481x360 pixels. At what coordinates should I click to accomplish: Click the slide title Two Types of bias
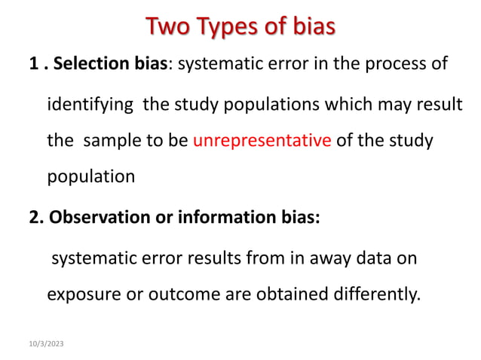(x=240, y=28)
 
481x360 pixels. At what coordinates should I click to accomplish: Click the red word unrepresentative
(x=262, y=140)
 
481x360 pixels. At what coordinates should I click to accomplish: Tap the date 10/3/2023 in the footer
(x=47, y=343)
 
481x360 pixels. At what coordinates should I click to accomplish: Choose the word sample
(x=109, y=140)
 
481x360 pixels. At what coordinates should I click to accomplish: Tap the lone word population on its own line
(x=91, y=177)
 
